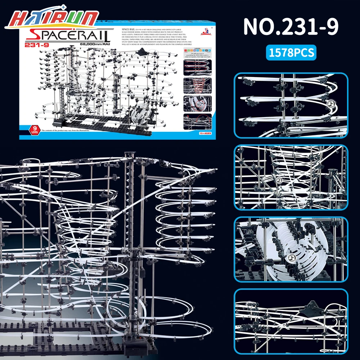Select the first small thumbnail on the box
[x=197, y=67]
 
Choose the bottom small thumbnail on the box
[x=197, y=122]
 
